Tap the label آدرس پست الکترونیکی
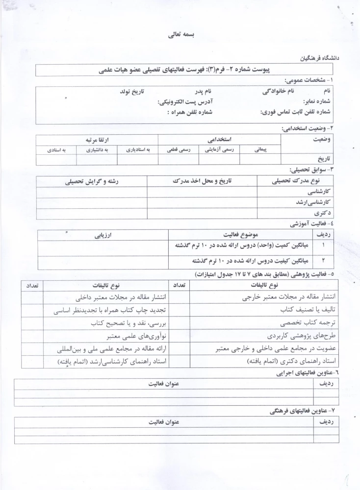(185, 102)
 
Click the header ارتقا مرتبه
(97, 139)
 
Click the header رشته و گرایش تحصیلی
(91, 181)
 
